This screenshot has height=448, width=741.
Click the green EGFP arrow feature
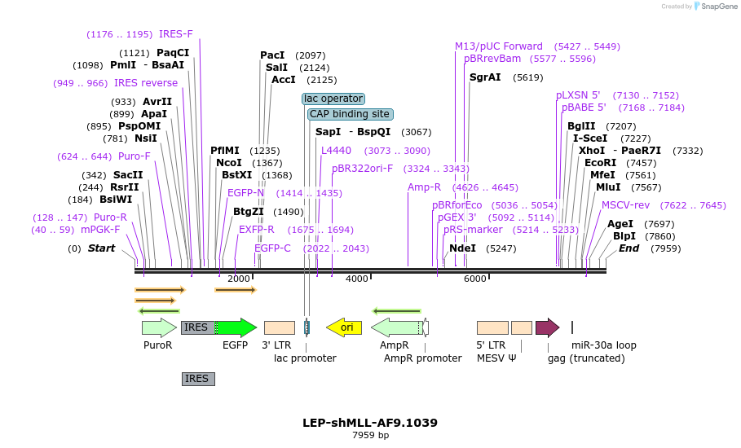tap(236, 327)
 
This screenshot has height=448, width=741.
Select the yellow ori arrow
tap(344, 327)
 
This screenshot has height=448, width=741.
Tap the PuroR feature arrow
tap(159, 327)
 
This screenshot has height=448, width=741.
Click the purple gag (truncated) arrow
tap(547, 327)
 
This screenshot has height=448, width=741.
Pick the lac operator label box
tap(333, 99)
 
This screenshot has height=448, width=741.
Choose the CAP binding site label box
tap(350, 114)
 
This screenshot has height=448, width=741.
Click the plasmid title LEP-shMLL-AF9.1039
tap(370, 423)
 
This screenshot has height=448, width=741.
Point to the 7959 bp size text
tap(370, 436)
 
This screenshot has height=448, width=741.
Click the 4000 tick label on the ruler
tap(356, 279)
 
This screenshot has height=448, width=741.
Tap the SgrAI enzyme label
tap(485, 77)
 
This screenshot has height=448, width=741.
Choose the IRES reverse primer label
tap(146, 83)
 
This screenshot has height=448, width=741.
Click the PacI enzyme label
tap(272, 55)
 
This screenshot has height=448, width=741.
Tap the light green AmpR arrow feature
tap(396, 327)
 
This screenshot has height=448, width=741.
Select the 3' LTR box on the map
tap(280, 327)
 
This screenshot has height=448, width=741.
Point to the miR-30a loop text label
tap(604, 345)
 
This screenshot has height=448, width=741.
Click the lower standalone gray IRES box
tap(198, 379)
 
